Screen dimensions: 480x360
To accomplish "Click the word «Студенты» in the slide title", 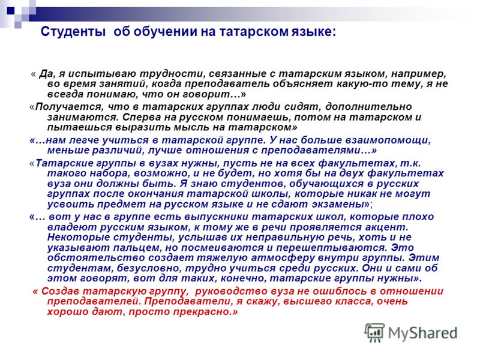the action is [73, 32].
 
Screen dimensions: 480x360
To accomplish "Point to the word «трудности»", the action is [170, 74].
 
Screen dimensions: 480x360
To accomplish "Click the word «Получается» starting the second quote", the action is [68, 107].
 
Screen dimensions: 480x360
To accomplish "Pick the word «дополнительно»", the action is [368, 107].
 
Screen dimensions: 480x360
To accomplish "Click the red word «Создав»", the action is [61, 291].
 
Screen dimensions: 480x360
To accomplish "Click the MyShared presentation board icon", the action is [374, 333].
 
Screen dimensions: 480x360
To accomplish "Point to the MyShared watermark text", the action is [422, 334].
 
